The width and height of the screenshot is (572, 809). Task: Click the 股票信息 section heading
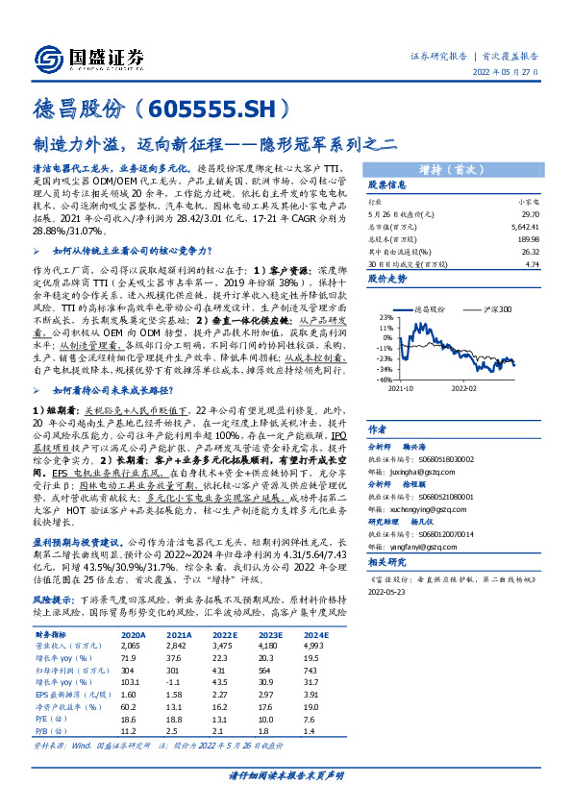click(389, 184)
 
